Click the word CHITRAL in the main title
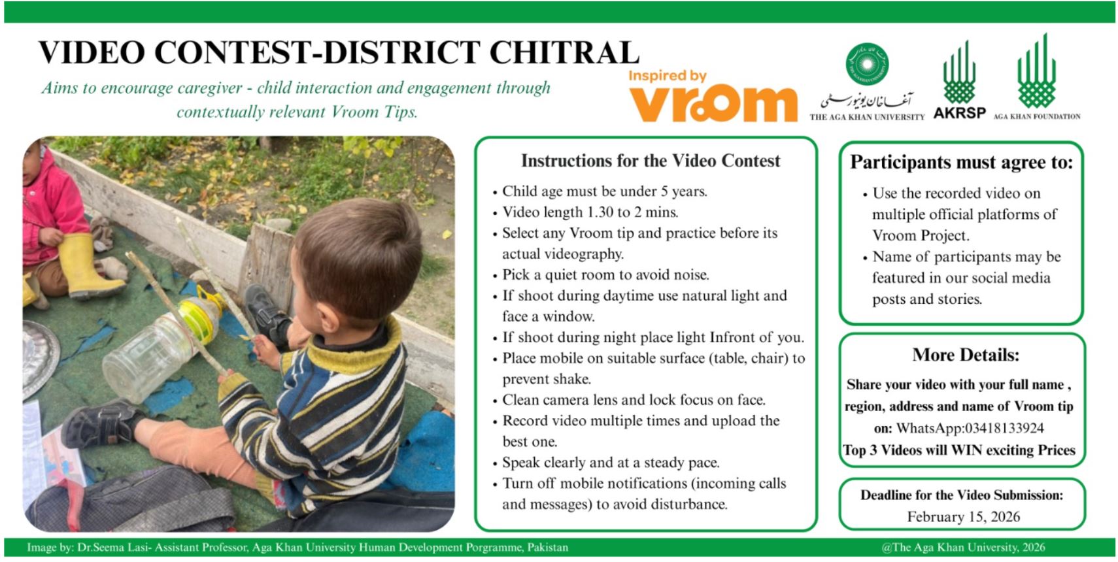pos(564,52)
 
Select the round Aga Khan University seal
pos(867,64)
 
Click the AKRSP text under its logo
pos(959,112)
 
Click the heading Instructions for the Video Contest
pos(651,161)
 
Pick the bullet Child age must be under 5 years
pos(604,191)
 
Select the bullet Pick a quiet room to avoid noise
pos(605,274)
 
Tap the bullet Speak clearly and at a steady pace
pos(611,463)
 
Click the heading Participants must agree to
pos(961,163)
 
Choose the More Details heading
pos(965,355)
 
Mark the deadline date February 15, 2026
pos(963,517)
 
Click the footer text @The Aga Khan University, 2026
pos(963,548)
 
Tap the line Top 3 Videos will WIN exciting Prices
pos(958,450)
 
